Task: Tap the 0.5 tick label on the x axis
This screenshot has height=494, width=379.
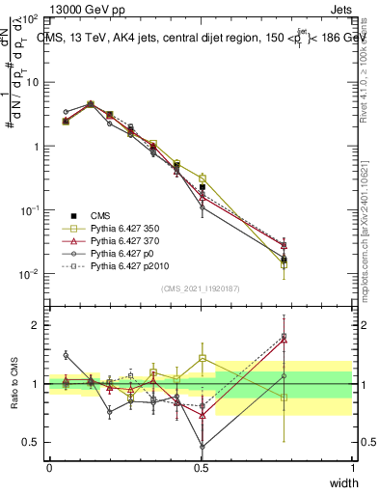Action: (x=201, y=468)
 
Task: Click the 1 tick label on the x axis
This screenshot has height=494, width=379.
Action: (x=352, y=468)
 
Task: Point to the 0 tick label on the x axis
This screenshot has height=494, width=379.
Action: (x=49, y=468)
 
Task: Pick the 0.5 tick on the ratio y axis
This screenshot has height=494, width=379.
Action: (x=35, y=443)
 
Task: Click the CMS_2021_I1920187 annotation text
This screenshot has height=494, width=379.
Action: (x=201, y=288)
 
